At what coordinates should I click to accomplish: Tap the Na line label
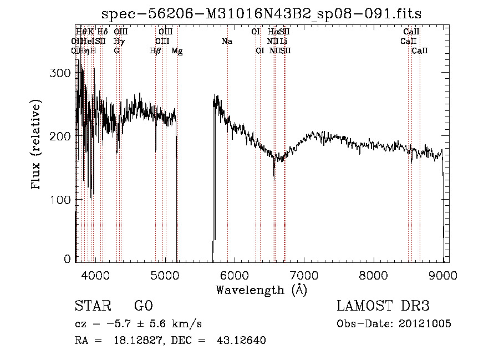pos(227,42)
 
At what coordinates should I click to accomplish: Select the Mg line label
pos(177,51)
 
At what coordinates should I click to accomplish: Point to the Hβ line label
pos(156,51)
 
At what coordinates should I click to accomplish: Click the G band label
pos(116,51)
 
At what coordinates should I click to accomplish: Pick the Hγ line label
pos(118,42)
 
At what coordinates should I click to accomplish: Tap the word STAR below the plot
pos(90,306)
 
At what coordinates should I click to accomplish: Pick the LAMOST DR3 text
pos(383,306)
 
